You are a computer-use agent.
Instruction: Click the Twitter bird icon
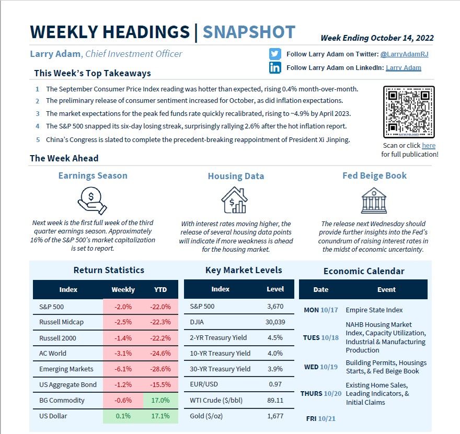275,54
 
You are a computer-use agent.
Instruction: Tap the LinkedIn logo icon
275,68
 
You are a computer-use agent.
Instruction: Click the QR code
409,112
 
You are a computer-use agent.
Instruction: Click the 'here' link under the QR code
429,146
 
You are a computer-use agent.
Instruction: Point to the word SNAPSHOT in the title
249,32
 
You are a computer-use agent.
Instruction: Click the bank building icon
374,200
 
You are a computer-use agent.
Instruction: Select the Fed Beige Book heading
374,175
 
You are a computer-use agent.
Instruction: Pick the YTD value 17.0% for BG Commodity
160,401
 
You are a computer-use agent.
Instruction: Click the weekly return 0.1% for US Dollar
123,416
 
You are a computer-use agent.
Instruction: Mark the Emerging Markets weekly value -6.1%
123,369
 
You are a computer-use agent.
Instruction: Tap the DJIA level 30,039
275,322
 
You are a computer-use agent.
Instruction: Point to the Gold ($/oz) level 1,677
275,416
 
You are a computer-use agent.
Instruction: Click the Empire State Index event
374,310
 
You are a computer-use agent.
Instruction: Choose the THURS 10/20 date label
321,394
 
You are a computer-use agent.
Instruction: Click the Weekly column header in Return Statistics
123,289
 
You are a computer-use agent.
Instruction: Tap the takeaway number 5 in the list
38,140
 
